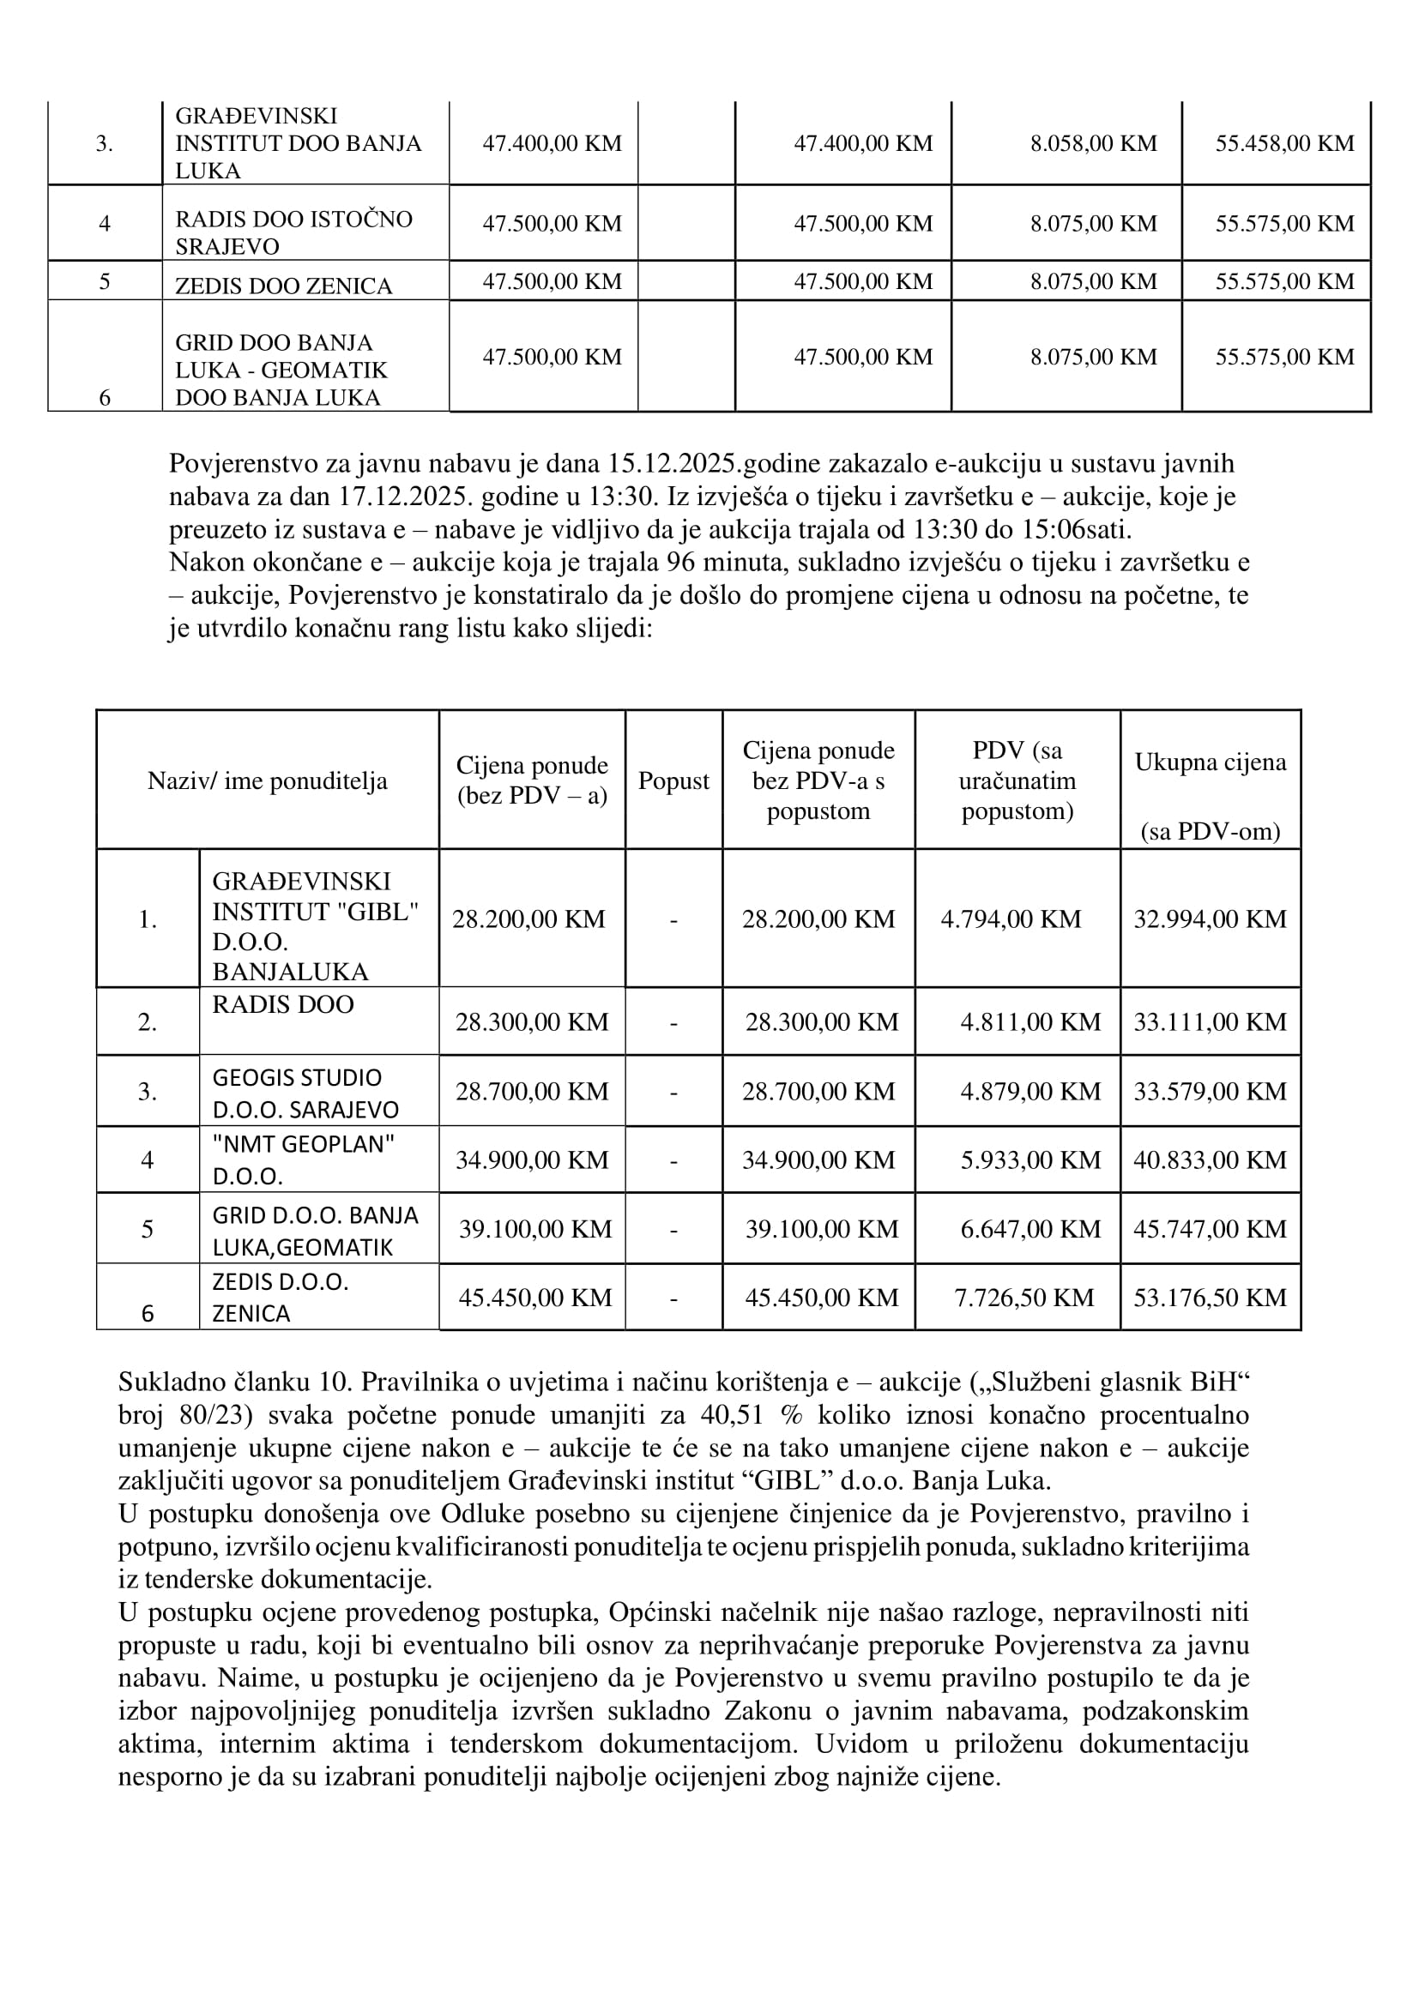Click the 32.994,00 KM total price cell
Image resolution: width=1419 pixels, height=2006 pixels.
point(1210,919)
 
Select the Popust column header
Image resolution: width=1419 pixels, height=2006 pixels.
point(673,781)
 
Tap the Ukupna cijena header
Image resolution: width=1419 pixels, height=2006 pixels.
point(1211,762)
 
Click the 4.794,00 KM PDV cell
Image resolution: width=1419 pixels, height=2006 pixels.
point(1010,919)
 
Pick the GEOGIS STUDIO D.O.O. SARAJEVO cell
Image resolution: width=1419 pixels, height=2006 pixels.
point(305,1093)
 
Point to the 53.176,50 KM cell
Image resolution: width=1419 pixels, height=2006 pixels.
point(1210,1298)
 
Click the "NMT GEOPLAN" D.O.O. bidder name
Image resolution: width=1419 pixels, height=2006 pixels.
point(303,1160)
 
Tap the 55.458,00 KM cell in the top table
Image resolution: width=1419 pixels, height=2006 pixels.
point(1283,143)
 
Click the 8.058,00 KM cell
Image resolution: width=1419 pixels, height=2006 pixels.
point(1093,143)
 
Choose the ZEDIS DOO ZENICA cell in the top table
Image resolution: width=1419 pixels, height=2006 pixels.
point(283,286)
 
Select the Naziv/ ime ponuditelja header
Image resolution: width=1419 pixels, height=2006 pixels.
point(268,781)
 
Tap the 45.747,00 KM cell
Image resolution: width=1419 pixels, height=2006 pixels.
point(1210,1229)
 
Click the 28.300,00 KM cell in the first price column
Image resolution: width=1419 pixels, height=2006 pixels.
point(531,1022)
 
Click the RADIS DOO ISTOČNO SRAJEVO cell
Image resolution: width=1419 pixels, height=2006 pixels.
point(293,232)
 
